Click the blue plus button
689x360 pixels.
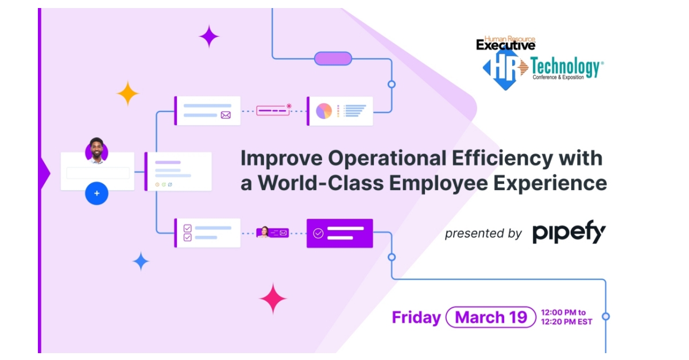point(96,193)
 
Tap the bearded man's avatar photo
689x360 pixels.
point(96,151)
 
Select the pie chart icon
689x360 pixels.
point(324,111)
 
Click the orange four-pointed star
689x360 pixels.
point(128,93)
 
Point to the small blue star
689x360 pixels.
point(141,261)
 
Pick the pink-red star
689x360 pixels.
point(273,299)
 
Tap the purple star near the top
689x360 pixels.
point(209,37)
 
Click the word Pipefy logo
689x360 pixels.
point(569,233)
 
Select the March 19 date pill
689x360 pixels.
point(490,318)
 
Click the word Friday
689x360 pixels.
point(416,318)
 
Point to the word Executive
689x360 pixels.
point(505,45)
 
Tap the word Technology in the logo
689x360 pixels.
point(566,67)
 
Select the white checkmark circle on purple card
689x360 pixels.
point(318,233)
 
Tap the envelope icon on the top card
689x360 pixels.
point(226,115)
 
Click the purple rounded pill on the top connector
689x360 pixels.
point(332,59)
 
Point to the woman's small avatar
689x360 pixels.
point(265,232)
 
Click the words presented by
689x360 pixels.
point(483,233)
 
